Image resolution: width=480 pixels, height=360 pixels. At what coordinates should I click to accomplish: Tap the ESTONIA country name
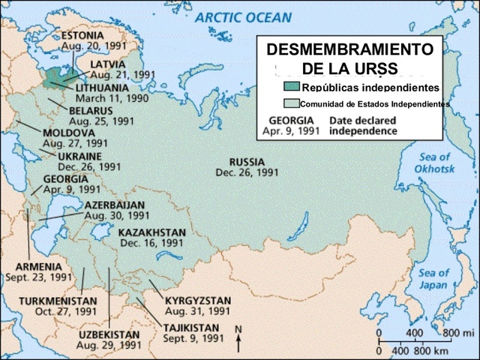(x=82, y=35)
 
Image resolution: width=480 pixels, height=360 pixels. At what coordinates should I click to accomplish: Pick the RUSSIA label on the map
(x=247, y=162)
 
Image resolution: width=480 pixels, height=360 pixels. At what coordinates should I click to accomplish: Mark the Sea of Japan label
(x=433, y=278)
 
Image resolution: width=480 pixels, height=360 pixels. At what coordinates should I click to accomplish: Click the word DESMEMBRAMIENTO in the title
(x=350, y=50)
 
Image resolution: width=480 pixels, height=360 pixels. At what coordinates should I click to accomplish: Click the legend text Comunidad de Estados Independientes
(x=373, y=103)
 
